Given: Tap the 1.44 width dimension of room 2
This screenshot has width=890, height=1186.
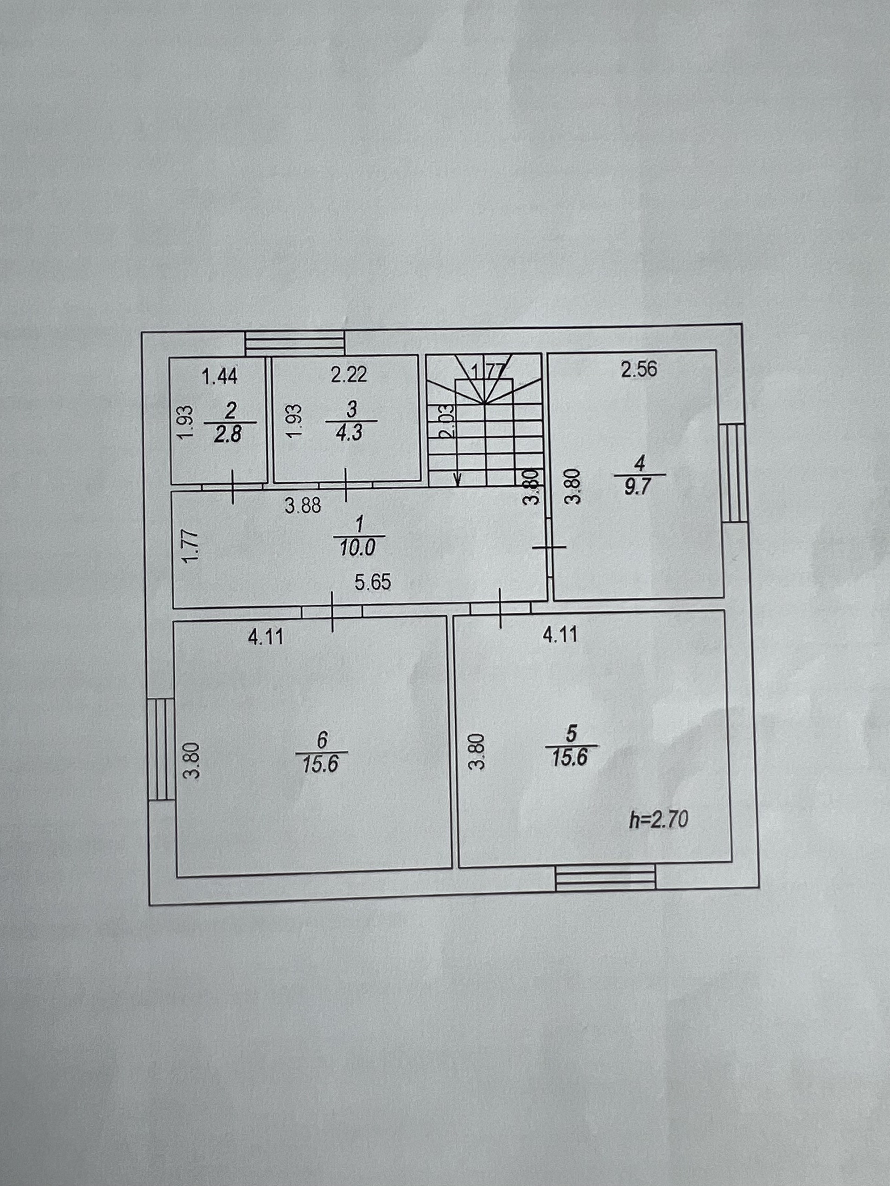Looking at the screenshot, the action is click(x=219, y=377).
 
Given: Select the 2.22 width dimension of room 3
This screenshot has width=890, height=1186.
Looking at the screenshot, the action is click(x=349, y=374).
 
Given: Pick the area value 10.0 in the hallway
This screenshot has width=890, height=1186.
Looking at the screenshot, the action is click(x=358, y=548).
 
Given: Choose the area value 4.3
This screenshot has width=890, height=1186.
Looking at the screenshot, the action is click(x=351, y=432).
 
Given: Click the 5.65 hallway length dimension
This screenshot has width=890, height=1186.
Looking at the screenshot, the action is click(x=373, y=582).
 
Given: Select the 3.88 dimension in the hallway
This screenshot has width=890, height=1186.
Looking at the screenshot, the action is click(x=303, y=505).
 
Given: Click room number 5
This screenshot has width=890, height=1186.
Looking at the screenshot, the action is click(x=572, y=733).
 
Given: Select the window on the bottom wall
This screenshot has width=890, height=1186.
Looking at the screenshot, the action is click(x=606, y=879).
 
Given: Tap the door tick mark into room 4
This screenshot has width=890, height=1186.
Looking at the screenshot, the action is click(x=549, y=547).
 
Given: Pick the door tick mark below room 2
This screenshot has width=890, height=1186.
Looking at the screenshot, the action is click(x=233, y=486).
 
